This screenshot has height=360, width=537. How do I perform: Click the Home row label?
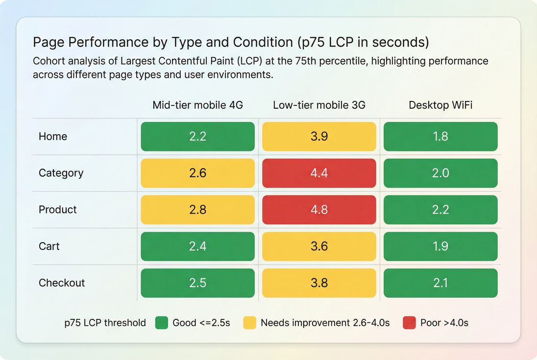(x=53, y=136)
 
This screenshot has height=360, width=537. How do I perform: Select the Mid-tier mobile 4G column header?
(x=197, y=105)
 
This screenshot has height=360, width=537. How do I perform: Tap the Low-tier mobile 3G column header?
(x=319, y=105)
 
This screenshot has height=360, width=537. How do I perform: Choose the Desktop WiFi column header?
(x=440, y=105)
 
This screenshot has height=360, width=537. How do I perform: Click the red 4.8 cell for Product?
(x=319, y=210)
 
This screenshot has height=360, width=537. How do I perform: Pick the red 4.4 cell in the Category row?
(x=319, y=173)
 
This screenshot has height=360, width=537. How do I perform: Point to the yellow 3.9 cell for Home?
(x=319, y=136)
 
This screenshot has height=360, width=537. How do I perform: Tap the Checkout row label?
(x=62, y=283)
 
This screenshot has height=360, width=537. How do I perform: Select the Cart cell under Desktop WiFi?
(x=440, y=246)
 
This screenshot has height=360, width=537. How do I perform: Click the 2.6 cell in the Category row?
(x=197, y=173)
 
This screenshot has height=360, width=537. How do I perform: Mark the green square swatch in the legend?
(x=162, y=323)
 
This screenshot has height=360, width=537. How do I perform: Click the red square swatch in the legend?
(x=409, y=323)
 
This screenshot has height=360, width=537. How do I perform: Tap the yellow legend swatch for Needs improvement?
(x=250, y=323)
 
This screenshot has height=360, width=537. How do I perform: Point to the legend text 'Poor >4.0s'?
(x=444, y=323)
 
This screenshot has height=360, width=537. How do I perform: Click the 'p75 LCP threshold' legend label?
(x=105, y=323)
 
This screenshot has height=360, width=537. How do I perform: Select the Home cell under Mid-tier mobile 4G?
(x=197, y=136)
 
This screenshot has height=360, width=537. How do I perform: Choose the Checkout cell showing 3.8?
(x=319, y=283)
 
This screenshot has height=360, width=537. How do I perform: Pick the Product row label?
(x=58, y=210)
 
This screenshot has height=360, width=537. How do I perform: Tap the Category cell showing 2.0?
(x=440, y=173)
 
